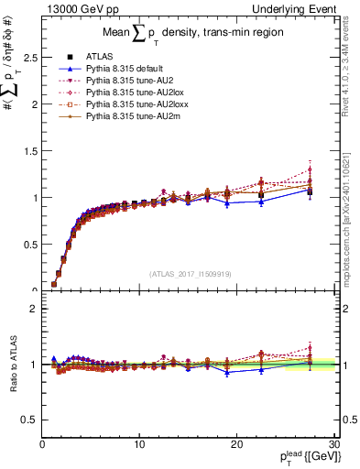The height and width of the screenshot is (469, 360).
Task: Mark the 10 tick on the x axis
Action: [139, 445]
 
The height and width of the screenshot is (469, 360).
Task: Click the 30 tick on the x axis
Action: [333, 445]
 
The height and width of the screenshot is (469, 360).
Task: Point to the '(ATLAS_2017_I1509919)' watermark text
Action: [189, 272]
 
